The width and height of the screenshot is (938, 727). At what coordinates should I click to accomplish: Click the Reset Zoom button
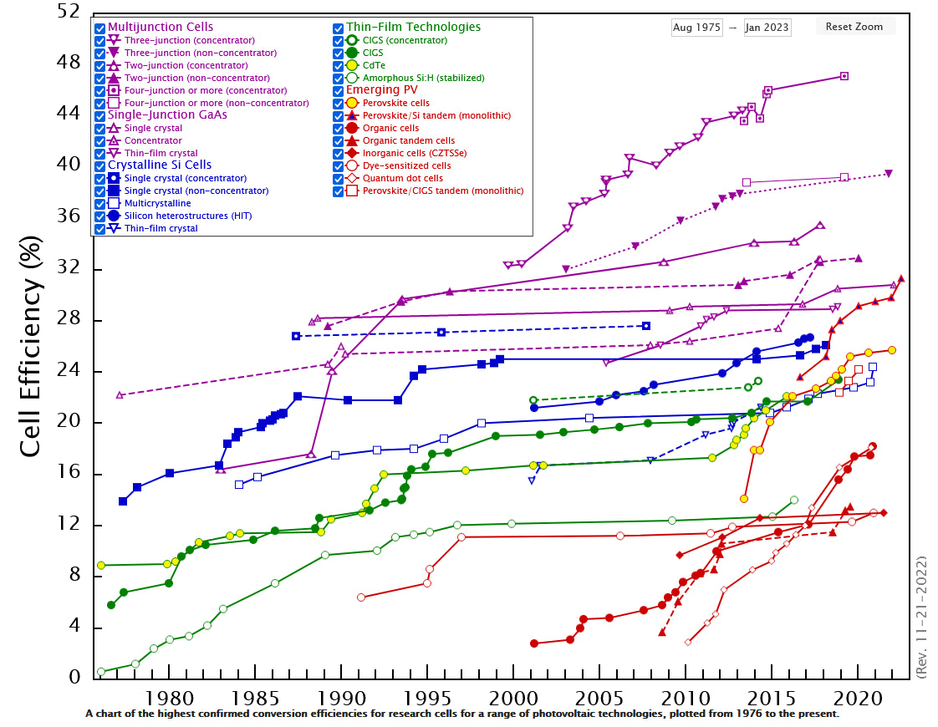coord(854,27)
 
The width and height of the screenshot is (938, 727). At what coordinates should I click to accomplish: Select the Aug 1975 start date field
coord(696,28)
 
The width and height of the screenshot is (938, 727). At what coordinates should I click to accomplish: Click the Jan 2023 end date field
coord(767,28)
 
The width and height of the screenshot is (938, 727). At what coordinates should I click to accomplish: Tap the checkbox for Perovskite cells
coord(339,103)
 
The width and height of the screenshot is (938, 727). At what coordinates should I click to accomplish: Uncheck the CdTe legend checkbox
coord(339,65)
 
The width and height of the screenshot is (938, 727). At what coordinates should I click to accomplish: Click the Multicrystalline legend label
coord(157,203)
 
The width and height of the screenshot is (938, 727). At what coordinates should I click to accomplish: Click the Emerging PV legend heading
coord(381,90)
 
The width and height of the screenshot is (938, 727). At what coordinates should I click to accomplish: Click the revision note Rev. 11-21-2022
coord(921,617)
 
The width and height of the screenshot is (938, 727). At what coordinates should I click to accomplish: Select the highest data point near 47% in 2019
coord(844,76)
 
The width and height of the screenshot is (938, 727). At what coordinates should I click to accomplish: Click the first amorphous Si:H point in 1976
coord(101,672)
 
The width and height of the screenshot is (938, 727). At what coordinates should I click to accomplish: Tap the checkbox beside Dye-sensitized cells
coord(339,165)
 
